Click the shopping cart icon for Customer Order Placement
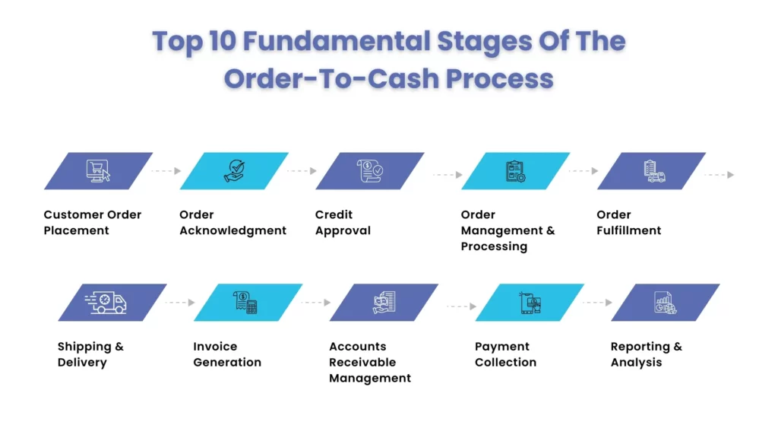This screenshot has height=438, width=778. pyautogui.click(x=98, y=171)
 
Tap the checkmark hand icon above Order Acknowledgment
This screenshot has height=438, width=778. pyautogui.click(x=234, y=171)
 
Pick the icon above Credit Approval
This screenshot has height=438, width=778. pyautogui.click(x=370, y=171)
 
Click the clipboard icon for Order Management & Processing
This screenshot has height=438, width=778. pyautogui.click(x=515, y=171)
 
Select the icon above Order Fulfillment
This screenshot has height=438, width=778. pyautogui.click(x=652, y=171)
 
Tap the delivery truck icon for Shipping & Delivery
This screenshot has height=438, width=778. pyautogui.click(x=106, y=303)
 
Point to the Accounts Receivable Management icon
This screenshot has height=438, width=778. pyautogui.click(x=384, y=303)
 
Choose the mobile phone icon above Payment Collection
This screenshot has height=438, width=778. pyautogui.click(x=530, y=303)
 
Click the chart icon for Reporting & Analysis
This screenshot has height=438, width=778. pyautogui.click(x=666, y=303)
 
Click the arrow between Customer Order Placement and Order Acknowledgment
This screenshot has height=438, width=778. pyautogui.click(x=166, y=171)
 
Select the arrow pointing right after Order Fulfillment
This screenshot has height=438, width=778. pyautogui.click(x=719, y=175)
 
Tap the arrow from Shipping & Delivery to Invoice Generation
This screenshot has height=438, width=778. pyautogui.click(x=180, y=303)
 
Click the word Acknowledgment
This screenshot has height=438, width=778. pyautogui.click(x=232, y=230)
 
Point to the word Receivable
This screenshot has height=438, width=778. pyautogui.click(x=362, y=362)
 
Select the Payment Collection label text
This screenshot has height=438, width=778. pyautogui.click(x=505, y=354)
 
